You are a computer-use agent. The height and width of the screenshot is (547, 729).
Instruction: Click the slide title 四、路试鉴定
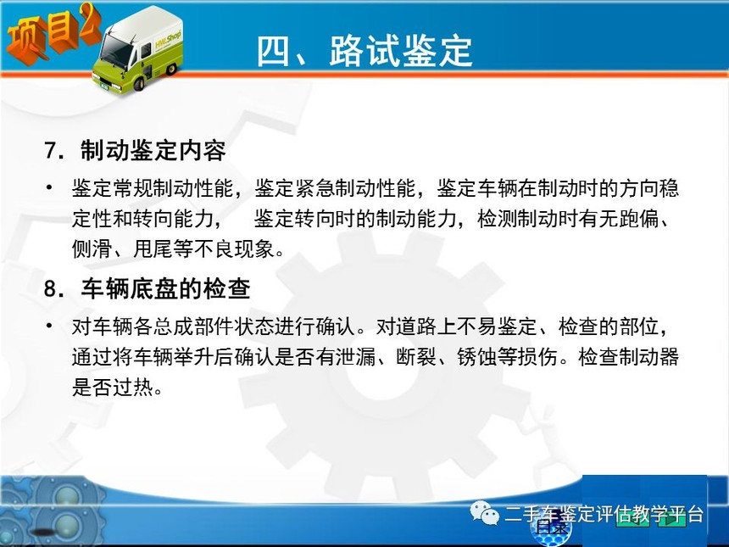[364, 51]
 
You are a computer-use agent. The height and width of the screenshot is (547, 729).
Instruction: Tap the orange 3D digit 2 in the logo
[89, 22]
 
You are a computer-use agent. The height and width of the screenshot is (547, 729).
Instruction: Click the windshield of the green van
[116, 50]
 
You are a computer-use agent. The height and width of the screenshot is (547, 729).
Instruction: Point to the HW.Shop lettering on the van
[168, 39]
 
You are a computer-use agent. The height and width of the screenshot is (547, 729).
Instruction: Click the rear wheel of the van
[171, 69]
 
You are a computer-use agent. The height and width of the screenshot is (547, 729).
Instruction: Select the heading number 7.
[54, 150]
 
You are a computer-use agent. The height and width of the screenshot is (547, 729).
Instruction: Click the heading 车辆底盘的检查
[165, 288]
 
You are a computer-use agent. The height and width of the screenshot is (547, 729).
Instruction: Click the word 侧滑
[92, 248]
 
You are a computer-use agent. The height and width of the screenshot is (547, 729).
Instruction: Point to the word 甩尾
[153, 248]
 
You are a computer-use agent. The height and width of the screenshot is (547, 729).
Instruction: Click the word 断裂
[416, 357]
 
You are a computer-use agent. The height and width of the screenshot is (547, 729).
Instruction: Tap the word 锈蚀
[477, 357]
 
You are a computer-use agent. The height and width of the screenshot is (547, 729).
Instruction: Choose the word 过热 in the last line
[133, 387]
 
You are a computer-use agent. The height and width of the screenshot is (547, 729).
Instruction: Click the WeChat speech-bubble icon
[485, 513]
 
